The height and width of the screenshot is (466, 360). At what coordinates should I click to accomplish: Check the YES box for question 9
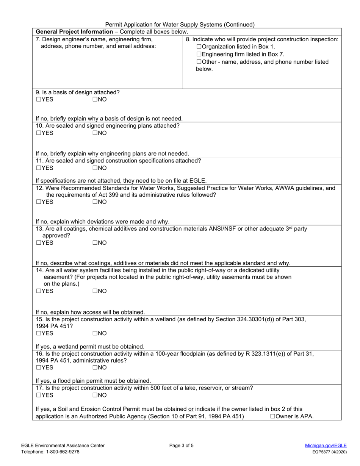38,99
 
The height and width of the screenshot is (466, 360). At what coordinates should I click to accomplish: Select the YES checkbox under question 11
38,168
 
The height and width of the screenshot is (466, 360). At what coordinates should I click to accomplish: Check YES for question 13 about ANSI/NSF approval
38,243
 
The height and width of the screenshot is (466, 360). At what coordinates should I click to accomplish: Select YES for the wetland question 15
38,333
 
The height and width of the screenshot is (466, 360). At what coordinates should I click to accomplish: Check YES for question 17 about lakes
38,395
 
